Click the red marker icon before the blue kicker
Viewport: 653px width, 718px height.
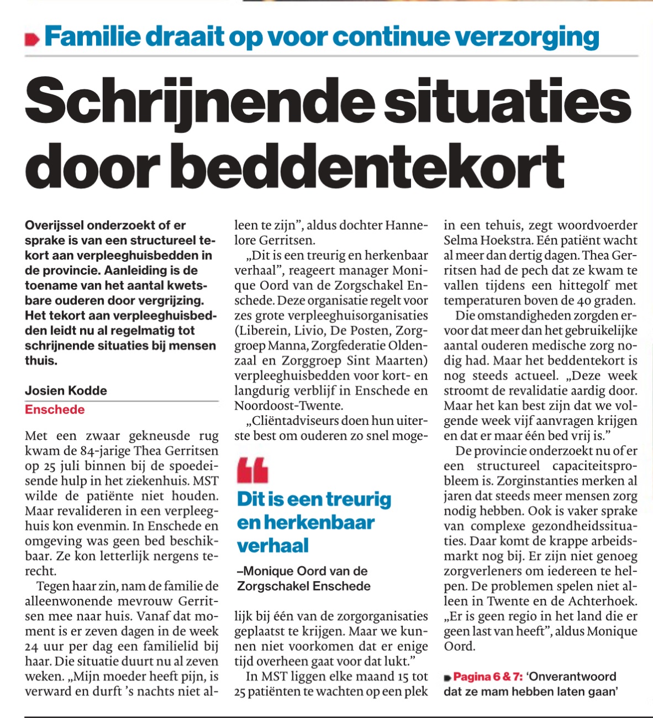click(33, 39)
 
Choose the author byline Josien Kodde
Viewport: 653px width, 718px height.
click(66, 391)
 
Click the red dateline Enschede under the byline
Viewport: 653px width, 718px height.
click(55, 409)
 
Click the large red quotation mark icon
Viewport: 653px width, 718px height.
click(252, 470)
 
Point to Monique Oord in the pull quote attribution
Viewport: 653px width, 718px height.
click(309, 571)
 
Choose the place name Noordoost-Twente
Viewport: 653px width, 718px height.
click(288, 406)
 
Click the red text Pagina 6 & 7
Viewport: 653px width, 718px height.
click(488, 677)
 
